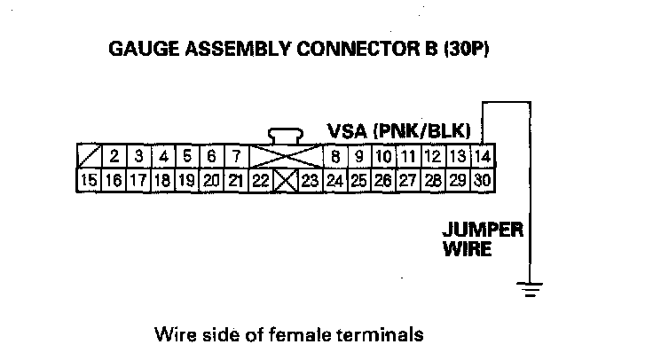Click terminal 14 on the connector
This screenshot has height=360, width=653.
(x=482, y=158)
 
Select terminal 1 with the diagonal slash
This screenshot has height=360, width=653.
(x=89, y=158)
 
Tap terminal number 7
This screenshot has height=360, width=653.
(x=235, y=158)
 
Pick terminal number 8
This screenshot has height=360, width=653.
(x=335, y=158)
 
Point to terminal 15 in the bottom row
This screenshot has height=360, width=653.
(x=89, y=180)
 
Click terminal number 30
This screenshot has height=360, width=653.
(x=482, y=180)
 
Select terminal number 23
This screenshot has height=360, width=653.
(x=309, y=180)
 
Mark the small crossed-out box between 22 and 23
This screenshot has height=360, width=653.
(x=285, y=180)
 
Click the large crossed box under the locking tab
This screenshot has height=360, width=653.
(x=285, y=158)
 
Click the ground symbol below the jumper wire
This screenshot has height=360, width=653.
(x=531, y=287)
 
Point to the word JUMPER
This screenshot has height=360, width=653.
(x=483, y=230)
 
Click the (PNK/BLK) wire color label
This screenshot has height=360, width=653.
(x=426, y=130)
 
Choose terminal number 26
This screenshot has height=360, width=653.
(x=383, y=180)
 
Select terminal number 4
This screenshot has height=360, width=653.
(x=162, y=158)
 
